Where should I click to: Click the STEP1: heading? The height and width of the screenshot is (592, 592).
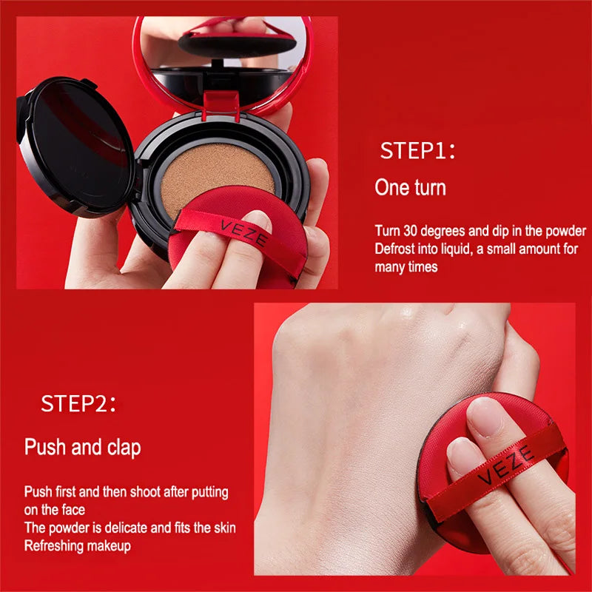(x=417, y=150)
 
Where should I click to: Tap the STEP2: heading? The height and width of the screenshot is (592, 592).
(x=78, y=403)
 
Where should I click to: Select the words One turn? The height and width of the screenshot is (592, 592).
(x=410, y=187)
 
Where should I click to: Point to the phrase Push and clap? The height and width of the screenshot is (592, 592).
(x=83, y=447)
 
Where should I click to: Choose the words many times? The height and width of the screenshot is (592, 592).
(x=406, y=267)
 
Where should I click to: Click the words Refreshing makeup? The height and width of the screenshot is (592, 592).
(x=78, y=546)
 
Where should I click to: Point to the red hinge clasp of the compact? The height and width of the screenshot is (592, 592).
(x=221, y=105)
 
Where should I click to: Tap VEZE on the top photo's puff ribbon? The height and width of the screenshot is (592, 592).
(x=243, y=232)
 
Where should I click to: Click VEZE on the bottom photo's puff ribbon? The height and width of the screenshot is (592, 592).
(x=506, y=465)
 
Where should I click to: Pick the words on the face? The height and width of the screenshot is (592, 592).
(x=54, y=510)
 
